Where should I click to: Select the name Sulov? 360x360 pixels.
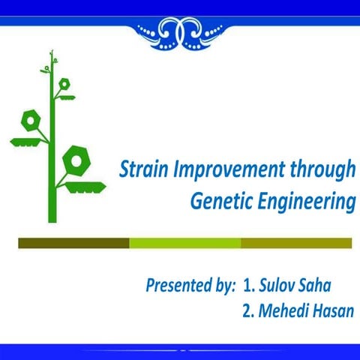tap(280, 286)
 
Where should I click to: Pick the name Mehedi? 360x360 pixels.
tap(286, 310)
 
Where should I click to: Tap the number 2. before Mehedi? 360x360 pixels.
tap(250, 310)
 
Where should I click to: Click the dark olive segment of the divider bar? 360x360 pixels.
tap(73, 243)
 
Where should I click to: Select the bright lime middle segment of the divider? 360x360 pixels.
tap(184, 243)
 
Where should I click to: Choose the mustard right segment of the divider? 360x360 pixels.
tap(296, 243)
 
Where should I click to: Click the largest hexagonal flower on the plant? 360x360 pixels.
tap(76, 160)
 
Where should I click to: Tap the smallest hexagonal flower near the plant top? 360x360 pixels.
tap(64, 83)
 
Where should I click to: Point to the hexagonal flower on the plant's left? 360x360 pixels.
tap(31, 120)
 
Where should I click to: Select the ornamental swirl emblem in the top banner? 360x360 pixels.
tap(180, 31)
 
